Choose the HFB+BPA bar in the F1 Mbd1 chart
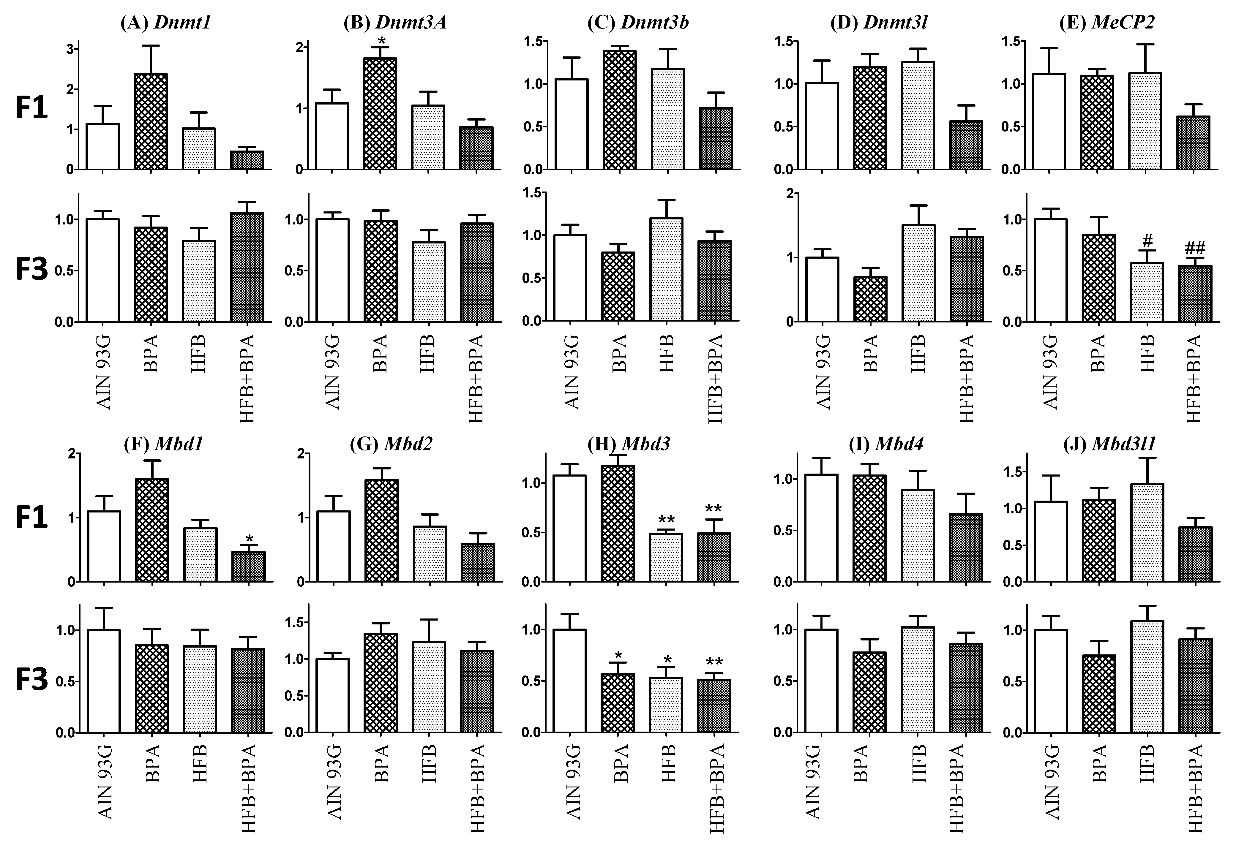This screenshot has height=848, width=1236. (x=248, y=567)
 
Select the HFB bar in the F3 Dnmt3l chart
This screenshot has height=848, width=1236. (x=918, y=273)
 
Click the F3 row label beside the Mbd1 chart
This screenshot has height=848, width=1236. (x=32, y=681)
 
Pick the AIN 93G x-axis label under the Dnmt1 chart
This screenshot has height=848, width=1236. (x=104, y=372)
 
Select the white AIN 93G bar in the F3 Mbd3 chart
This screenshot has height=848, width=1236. (x=570, y=681)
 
